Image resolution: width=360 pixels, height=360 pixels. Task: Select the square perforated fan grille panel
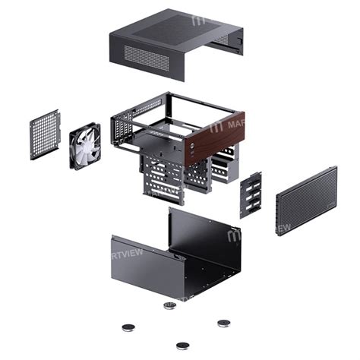pyautogui.click(x=45, y=134)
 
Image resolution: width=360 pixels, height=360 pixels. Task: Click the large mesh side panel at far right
pyautogui.click(x=305, y=199)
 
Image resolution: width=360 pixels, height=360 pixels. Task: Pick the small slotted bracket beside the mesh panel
pyautogui.click(x=251, y=194)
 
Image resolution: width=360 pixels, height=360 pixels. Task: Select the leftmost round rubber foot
pyautogui.click(x=128, y=328)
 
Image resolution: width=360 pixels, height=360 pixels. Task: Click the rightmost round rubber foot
pyautogui.click(x=223, y=323)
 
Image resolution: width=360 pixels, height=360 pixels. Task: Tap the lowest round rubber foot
pyautogui.click(x=182, y=346)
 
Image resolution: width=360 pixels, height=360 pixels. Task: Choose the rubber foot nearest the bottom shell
pyautogui.click(x=169, y=305)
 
